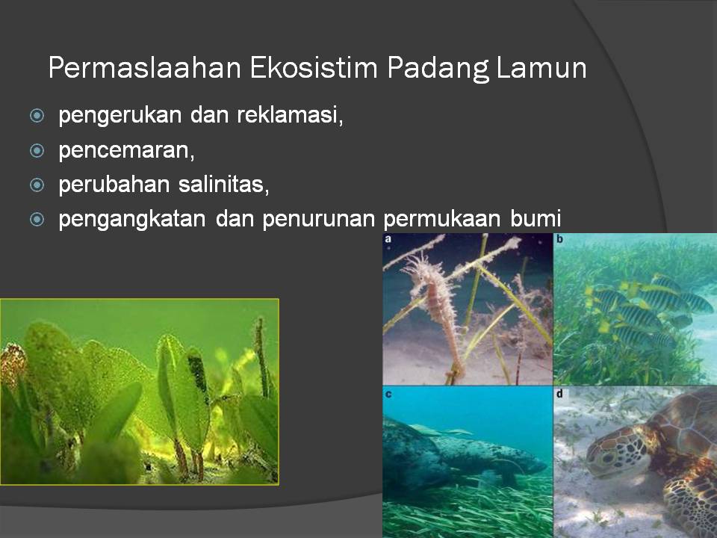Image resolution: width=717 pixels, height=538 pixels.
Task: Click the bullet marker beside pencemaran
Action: click(x=37, y=151)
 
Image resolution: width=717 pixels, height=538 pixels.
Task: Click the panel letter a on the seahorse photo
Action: click(x=388, y=240)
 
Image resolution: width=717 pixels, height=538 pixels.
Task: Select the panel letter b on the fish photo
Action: click(x=560, y=240)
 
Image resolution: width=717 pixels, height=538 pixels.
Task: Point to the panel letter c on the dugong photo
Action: click(x=388, y=394)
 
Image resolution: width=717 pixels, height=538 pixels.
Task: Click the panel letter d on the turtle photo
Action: click(x=560, y=394)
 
